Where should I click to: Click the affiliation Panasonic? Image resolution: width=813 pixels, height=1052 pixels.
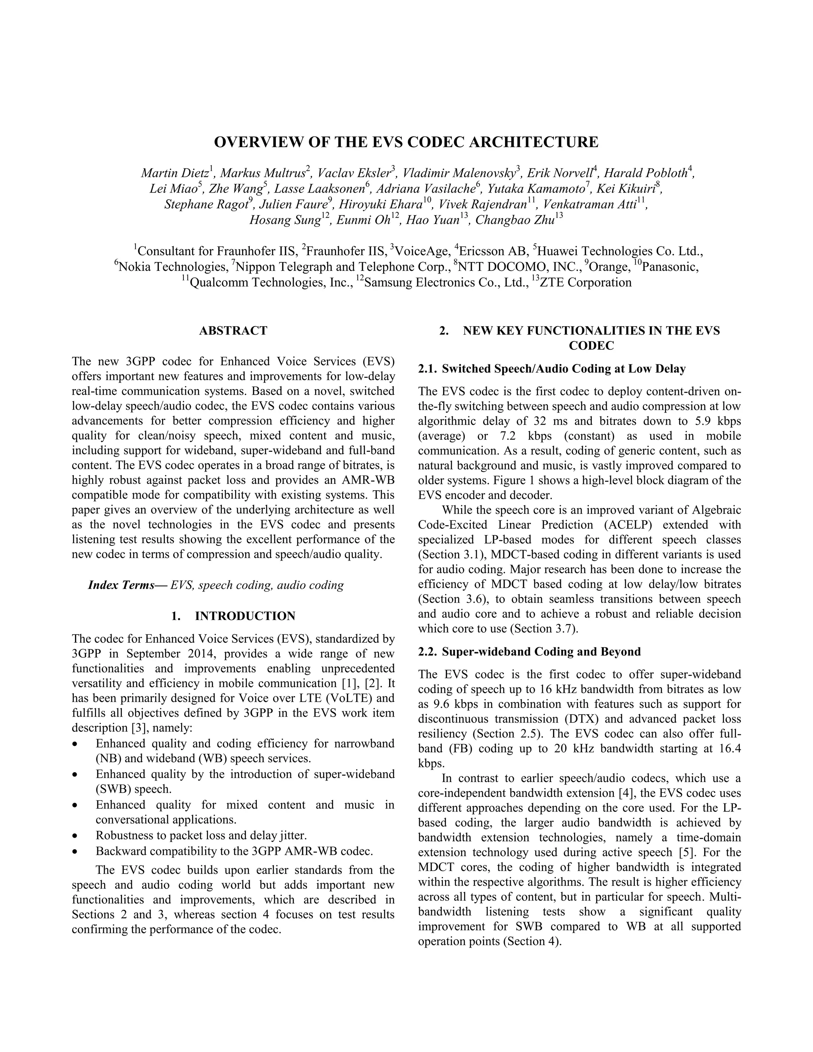coord(670,266)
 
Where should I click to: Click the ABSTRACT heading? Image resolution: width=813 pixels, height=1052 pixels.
coord(233,330)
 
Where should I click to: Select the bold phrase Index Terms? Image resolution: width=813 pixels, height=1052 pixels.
coord(127,585)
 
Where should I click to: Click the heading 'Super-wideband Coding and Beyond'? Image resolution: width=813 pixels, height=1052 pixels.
coord(541,652)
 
